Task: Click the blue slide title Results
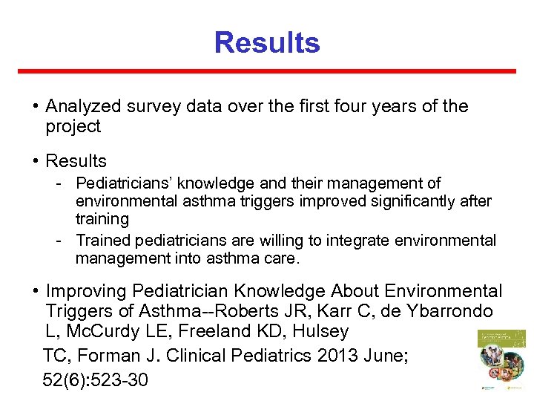[267, 42]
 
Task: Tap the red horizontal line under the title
[267, 71]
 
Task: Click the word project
[73, 126]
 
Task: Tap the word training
[102, 219]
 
